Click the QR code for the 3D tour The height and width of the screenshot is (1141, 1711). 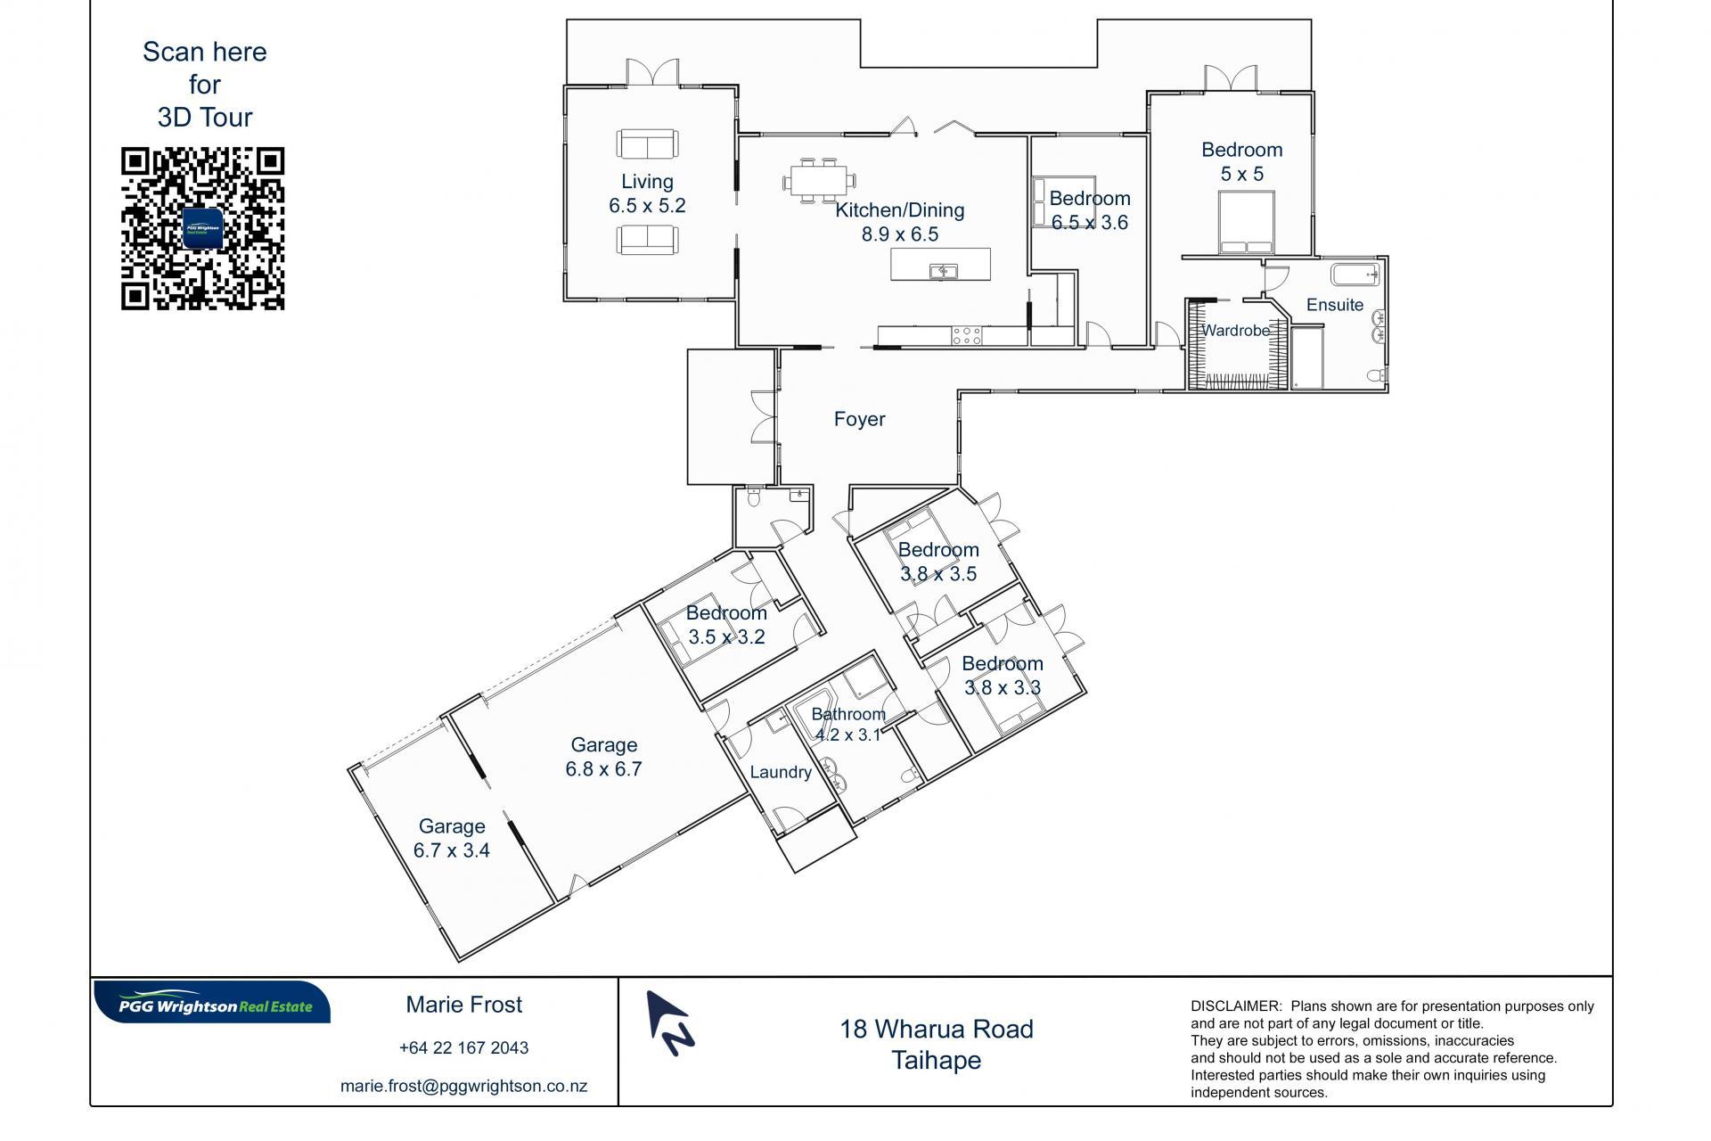pyautogui.click(x=202, y=229)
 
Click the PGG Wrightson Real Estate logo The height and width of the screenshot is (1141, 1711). pyautogui.click(x=212, y=1003)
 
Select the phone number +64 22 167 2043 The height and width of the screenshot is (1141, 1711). pyautogui.click(x=463, y=1047)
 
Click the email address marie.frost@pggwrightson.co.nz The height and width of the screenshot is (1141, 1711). pyautogui.click(x=463, y=1087)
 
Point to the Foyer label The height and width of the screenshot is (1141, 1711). pyautogui.click(x=859, y=419)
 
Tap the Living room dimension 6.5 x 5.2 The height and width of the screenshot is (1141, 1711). pyautogui.click(x=647, y=206)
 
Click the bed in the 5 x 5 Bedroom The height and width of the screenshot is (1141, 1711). pyautogui.click(x=1246, y=223)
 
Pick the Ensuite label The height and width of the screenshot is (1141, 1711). pyautogui.click(x=1334, y=305)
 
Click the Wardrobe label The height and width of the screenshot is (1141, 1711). pyautogui.click(x=1235, y=331)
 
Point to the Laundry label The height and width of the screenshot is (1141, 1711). pyautogui.click(x=781, y=772)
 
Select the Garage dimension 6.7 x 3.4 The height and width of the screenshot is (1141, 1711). pyautogui.click(x=452, y=850)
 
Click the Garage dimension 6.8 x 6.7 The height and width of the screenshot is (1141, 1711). pyautogui.click(x=603, y=768)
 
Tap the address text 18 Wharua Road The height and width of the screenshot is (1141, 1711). pyautogui.click(x=937, y=1029)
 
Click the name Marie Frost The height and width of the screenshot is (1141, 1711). pyautogui.click(x=464, y=1005)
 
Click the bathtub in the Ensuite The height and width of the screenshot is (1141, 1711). pyautogui.click(x=1355, y=274)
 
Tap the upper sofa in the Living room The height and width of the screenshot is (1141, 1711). pyautogui.click(x=646, y=144)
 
